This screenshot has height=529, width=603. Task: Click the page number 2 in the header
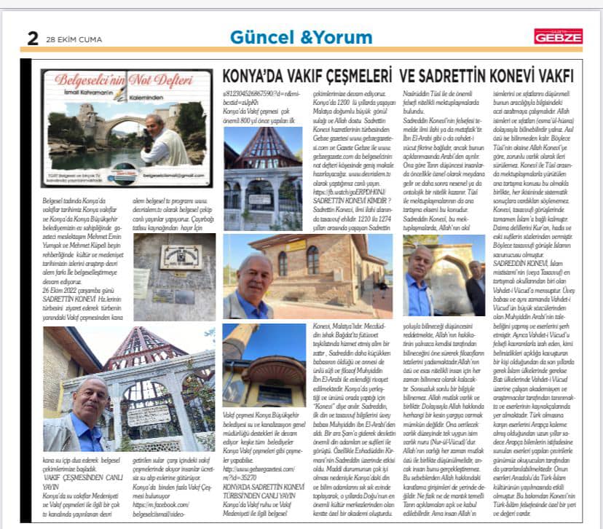[x=33, y=37]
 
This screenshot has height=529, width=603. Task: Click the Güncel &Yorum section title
[x=302, y=36]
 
